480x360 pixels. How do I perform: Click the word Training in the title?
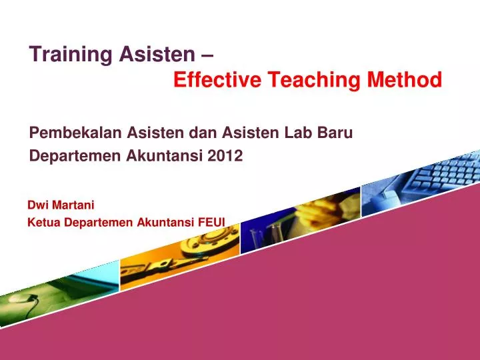coord(62,55)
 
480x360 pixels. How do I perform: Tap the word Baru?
coord(335,133)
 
